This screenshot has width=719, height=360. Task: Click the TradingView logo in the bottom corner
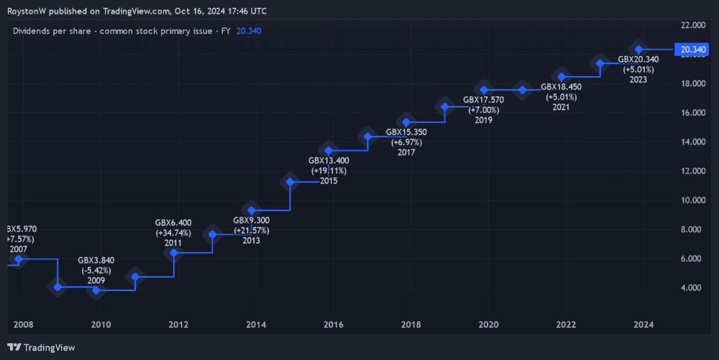pyautogui.click(x=41, y=347)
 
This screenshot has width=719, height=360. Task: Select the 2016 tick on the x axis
pyautogui.click(x=333, y=325)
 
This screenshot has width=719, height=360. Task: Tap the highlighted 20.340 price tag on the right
pyautogui.click(x=693, y=49)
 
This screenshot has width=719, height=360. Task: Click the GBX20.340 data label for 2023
pyautogui.click(x=638, y=59)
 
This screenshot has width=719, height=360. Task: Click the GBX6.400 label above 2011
pyautogui.click(x=174, y=223)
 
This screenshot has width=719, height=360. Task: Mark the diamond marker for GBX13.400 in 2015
pyautogui.click(x=328, y=150)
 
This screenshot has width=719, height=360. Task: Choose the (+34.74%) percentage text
pyautogui.click(x=174, y=233)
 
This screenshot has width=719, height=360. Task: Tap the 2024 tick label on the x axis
pyautogui.click(x=644, y=325)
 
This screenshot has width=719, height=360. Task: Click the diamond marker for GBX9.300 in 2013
pyautogui.click(x=252, y=210)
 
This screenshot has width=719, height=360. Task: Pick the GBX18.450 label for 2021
pyautogui.click(x=561, y=87)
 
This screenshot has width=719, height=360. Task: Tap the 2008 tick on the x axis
pyautogui.click(x=23, y=325)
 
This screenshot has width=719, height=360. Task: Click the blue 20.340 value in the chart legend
pyautogui.click(x=249, y=31)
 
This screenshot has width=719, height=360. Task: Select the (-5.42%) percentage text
pyautogui.click(x=96, y=270)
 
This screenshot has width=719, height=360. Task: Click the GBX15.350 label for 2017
pyautogui.click(x=406, y=132)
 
